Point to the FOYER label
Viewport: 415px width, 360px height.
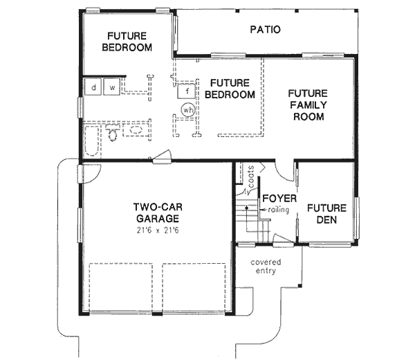[279, 199]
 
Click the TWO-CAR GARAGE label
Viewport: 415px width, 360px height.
[158, 212]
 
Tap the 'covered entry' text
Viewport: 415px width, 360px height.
[266, 267]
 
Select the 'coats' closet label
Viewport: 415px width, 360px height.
[251, 176]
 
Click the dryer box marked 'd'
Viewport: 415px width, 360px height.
[93, 88]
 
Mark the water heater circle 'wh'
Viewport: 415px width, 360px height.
[187, 109]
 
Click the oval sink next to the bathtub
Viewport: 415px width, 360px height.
[136, 130]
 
